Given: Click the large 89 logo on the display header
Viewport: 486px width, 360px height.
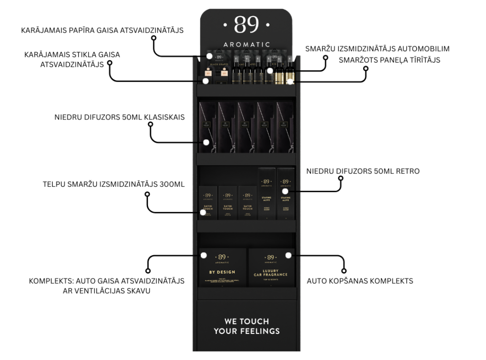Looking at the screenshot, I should pos(246,25).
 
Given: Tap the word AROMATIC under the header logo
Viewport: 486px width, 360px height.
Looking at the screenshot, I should pos(246,45).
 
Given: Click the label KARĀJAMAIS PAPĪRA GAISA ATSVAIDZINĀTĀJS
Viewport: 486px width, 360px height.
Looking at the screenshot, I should pos(102,30).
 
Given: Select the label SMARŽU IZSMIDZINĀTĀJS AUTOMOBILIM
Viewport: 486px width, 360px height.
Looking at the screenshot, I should pos(378,48).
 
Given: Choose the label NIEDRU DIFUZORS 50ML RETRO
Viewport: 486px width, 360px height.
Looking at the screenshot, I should pos(363,171).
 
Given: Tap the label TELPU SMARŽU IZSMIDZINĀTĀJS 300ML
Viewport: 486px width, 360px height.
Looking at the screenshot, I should pos(112,185).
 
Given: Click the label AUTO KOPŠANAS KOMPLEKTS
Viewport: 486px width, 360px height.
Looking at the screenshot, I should pos(360,281).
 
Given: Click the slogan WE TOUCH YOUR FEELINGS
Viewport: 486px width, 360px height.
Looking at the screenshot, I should pos(246,326).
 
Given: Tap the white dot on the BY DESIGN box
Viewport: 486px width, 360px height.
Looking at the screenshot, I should pos(203,255).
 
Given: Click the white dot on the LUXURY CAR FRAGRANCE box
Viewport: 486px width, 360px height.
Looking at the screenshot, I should pos(288,255).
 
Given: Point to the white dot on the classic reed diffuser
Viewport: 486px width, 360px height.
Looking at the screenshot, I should pos(206,142).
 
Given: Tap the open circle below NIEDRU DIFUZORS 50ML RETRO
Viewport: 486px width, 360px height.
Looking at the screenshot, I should pos(340,179).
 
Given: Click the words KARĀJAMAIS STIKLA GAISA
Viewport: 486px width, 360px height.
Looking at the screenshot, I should pos(72,55).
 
